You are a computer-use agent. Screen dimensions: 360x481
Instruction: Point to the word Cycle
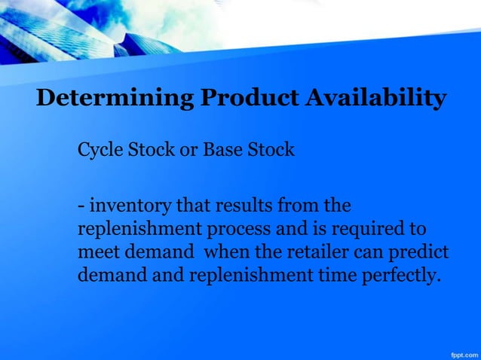click(x=98, y=151)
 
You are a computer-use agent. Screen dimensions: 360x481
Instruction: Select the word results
click(x=229, y=205)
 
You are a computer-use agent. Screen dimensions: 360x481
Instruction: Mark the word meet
click(x=96, y=252)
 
